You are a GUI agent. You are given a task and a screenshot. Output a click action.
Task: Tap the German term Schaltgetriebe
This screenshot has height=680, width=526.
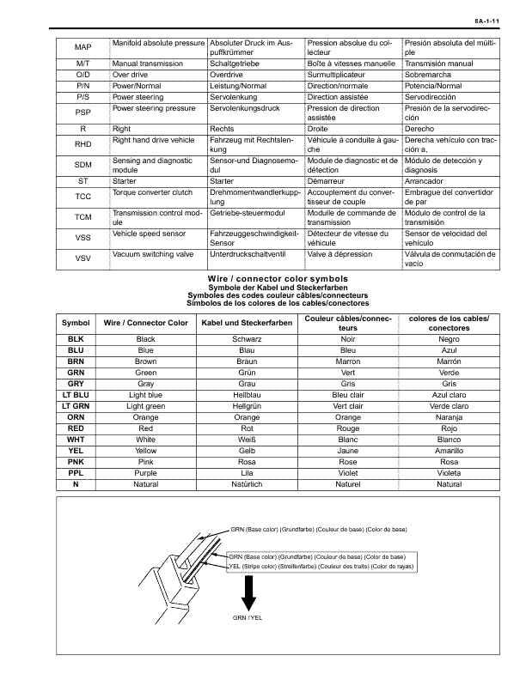[240, 64]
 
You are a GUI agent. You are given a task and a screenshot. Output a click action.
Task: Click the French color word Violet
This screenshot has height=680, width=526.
[348, 472]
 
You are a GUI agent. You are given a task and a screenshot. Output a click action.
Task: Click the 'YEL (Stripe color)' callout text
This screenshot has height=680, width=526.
[317, 567]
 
